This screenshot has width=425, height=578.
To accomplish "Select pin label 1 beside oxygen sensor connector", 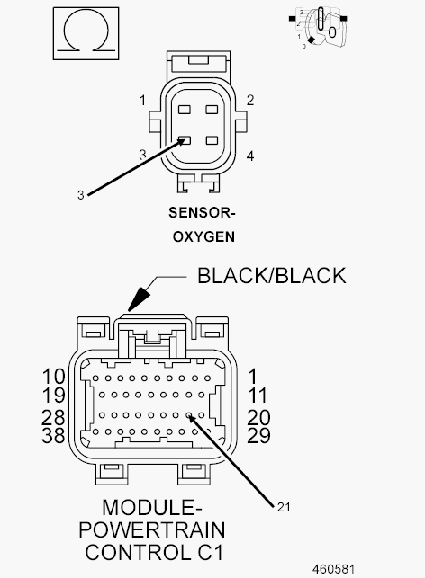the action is (143, 101).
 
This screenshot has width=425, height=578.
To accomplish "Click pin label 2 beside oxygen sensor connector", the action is (250, 101).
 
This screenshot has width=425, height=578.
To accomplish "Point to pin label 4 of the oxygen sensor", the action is (250, 156).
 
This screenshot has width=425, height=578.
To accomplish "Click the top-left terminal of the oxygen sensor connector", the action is (185, 110).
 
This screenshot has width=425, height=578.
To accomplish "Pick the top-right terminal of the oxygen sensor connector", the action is (212, 110).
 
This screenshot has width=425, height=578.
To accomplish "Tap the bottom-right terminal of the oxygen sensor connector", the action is (212, 140).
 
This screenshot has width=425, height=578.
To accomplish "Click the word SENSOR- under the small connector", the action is (202, 213).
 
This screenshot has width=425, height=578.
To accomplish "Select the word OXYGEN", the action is (203, 236).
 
